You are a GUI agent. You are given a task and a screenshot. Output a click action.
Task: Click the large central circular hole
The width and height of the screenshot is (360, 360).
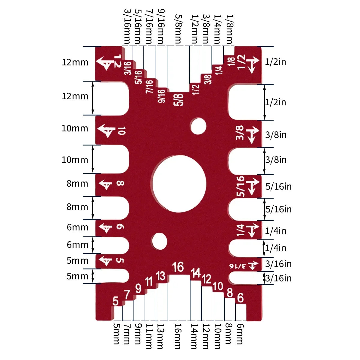(179, 183)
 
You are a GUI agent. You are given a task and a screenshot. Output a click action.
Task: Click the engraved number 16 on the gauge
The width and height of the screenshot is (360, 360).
(178, 267)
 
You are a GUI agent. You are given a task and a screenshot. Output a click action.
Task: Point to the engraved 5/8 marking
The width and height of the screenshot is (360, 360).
(178, 100)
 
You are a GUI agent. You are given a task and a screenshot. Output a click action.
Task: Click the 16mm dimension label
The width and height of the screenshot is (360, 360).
(178, 336)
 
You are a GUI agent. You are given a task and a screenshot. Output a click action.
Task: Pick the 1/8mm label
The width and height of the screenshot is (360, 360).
(229, 29)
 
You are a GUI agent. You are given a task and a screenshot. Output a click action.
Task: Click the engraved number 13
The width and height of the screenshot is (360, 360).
(161, 276)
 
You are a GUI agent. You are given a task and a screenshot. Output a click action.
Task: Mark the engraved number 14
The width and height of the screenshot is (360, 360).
(196, 273)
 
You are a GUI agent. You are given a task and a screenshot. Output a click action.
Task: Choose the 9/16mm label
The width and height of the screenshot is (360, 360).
(161, 26)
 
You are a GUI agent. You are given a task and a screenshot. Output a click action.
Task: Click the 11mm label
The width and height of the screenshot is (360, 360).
(149, 336)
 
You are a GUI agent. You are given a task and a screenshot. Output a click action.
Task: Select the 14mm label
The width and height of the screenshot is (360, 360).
(195, 336)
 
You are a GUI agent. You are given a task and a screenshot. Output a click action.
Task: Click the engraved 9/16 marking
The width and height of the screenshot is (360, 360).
(161, 96)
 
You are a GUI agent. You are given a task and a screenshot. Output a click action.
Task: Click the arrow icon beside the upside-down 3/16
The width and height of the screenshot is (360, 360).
(253, 265)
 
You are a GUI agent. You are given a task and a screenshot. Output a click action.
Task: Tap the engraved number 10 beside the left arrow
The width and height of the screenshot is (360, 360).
(121, 131)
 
